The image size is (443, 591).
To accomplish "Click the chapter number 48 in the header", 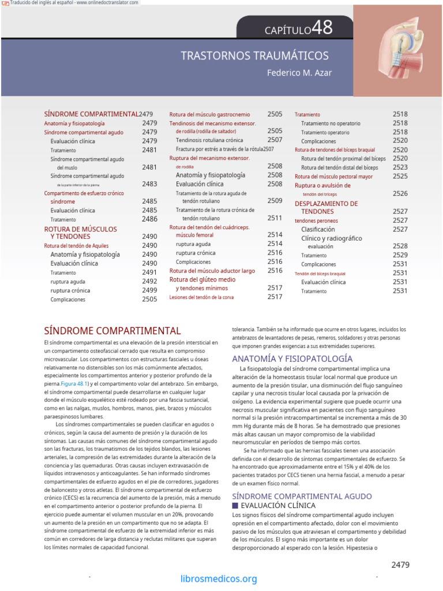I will pyautogui.click(x=322, y=28).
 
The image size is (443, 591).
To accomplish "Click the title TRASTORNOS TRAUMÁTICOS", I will pyautogui.click(x=254, y=56).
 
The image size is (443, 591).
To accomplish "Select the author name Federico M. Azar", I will pyautogui.click(x=299, y=73).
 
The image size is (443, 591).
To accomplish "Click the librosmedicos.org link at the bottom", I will pyautogui.click(x=219, y=579).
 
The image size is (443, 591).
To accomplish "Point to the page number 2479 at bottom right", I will pyautogui.click(x=402, y=564).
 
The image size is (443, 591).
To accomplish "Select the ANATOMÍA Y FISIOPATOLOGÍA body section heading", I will pyautogui.click(x=292, y=358).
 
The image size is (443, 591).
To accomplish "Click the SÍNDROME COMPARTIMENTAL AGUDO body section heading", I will pyautogui.click(x=302, y=496).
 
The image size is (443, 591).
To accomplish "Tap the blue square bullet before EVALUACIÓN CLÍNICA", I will pyautogui.click(x=235, y=506).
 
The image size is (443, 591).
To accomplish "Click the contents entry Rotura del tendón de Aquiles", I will pyautogui.click(x=76, y=245).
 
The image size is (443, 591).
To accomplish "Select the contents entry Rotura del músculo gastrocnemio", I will pyautogui.click(x=209, y=114).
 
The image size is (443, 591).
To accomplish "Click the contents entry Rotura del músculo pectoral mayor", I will pyautogui.click(x=333, y=177).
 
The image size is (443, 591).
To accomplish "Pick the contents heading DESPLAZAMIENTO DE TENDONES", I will pyautogui.click(x=326, y=208).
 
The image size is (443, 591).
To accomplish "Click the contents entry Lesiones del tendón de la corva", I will pyautogui.click(x=201, y=297).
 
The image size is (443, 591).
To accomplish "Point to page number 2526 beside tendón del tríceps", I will pyautogui.click(x=400, y=194).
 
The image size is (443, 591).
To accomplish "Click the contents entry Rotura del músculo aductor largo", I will pyautogui.click(x=212, y=271).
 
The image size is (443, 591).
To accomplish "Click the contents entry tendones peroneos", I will pyautogui.click(x=316, y=220).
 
